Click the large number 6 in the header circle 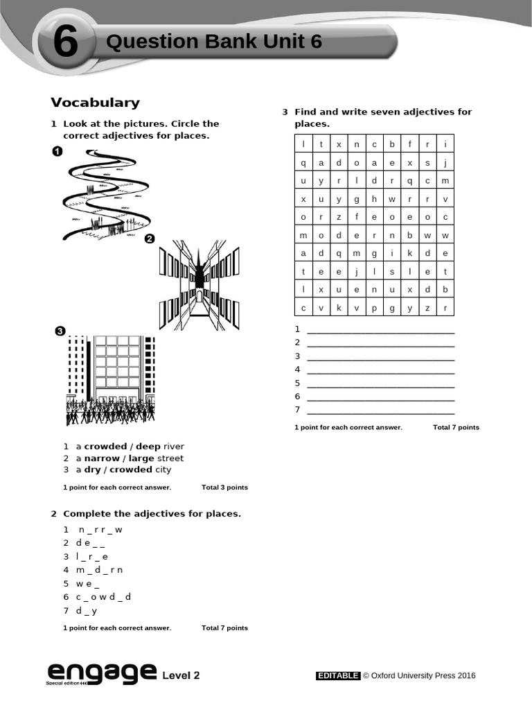tap(65, 44)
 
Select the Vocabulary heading tap(95, 103)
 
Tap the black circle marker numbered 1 tap(57, 152)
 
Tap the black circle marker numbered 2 tap(149, 239)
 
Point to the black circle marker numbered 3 tap(60, 332)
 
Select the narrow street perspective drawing tap(199, 284)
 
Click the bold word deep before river tap(148, 447)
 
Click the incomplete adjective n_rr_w tap(100, 530)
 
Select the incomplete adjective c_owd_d tap(103, 597)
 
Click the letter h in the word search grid tap(374, 199)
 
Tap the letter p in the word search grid tap(374, 308)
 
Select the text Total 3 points tap(224, 487)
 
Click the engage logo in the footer tap(101, 673)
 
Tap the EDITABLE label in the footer tap(338, 675)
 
